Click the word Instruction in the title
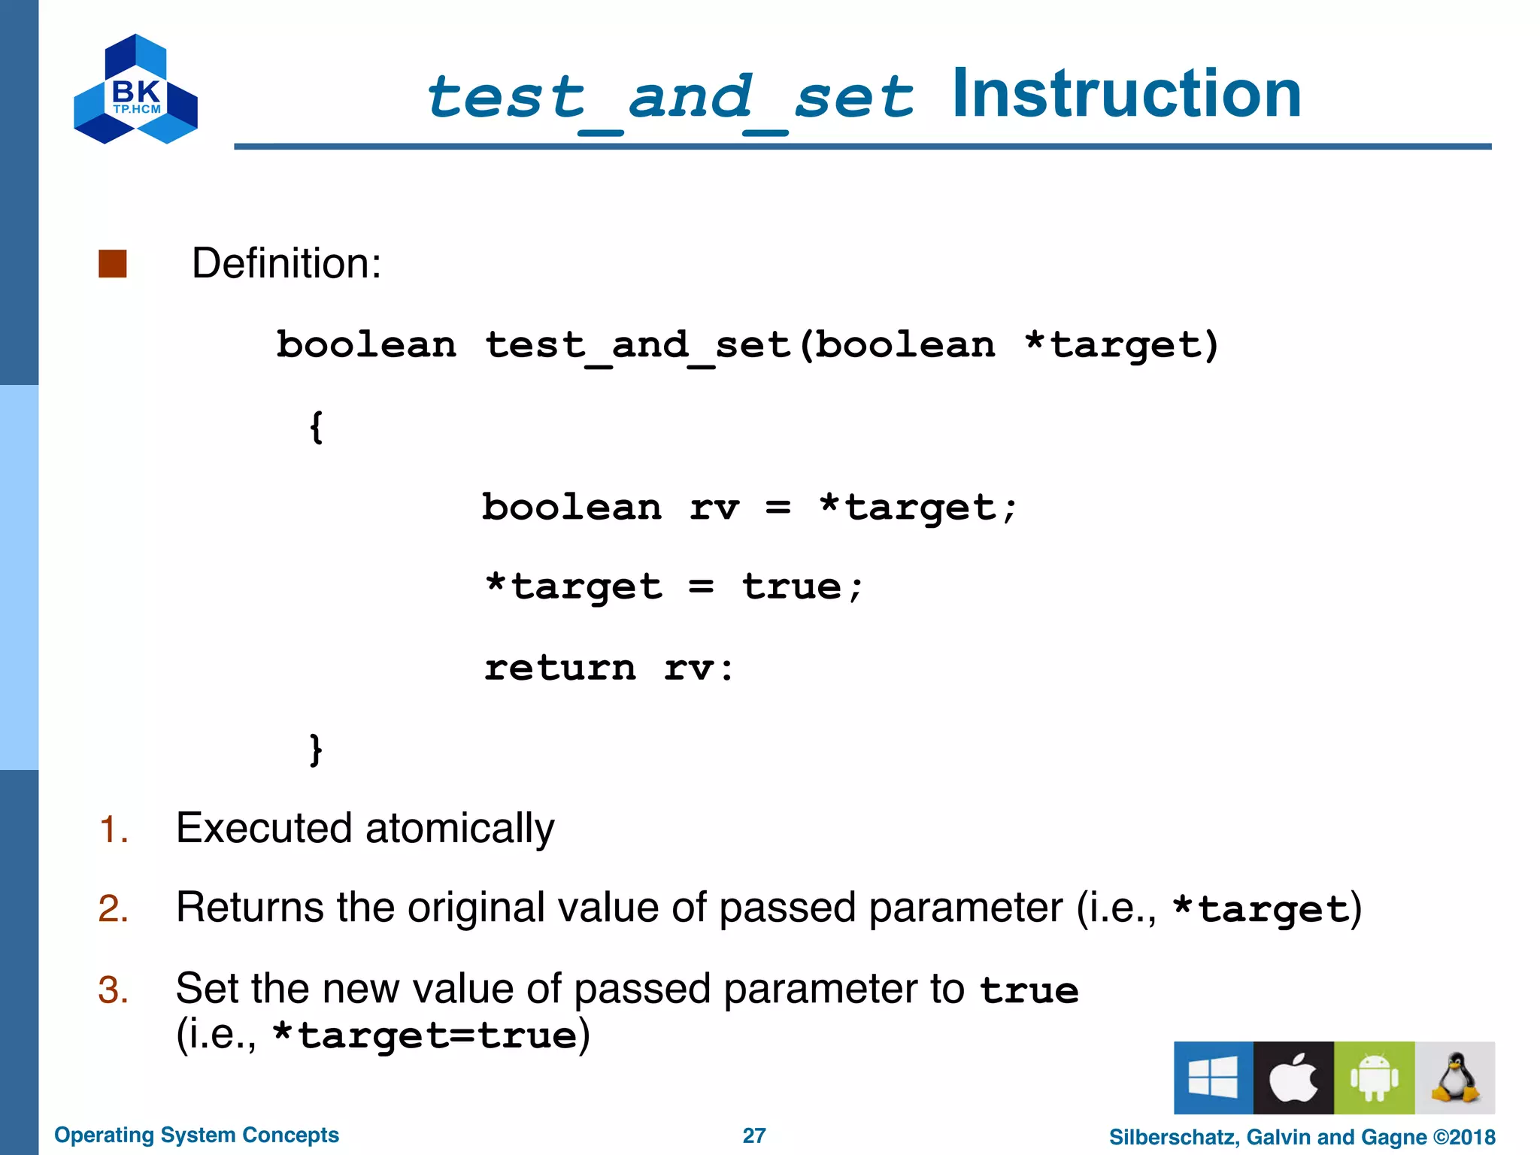pos(1126,95)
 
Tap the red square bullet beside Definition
pos(113,264)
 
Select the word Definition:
pos(286,264)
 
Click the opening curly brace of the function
pos(317,427)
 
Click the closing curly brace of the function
pos(317,750)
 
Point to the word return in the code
pos(560,668)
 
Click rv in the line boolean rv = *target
pos(714,508)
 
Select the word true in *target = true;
pos(791,587)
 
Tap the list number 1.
pos(113,830)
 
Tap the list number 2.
pos(113,908)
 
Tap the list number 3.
pos(113,990)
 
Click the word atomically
pos(459,829)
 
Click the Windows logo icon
pos(1213,1078)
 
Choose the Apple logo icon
pos(1293,1078)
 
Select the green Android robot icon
pos(1374,1078)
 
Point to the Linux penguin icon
pos(1454,1078)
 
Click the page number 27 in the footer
pos(754,1135)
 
